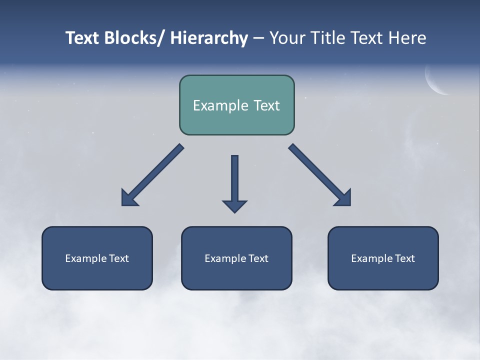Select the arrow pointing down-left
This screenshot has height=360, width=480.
pos(152,175)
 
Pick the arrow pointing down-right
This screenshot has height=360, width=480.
pos(320,175)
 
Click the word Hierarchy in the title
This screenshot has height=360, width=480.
pos(209,38)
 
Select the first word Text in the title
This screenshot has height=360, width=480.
pos(83,38)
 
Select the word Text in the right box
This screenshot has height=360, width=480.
pos(405,258)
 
